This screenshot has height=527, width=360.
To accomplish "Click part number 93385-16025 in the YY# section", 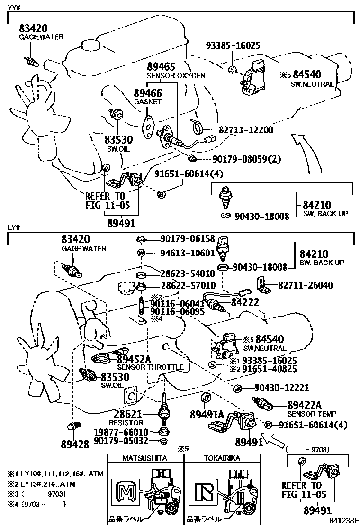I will [233, 46].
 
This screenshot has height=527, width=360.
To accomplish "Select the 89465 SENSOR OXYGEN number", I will [161, 66].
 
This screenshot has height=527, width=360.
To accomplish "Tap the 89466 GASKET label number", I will [148, 93].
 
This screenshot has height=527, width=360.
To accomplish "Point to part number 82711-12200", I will [246, 129].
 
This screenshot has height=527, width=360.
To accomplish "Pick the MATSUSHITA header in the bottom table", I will [145, 458].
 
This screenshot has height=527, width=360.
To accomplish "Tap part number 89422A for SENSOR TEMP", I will [305, 405].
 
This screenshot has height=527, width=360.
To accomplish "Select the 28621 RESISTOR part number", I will [126, 414].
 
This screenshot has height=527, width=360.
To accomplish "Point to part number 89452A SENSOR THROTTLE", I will [134, 360].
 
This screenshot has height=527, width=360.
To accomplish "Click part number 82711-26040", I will [305, 285].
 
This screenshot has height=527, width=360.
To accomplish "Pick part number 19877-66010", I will [121, 432].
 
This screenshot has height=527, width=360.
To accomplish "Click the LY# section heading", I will [14, 228].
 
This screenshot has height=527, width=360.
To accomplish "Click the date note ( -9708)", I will [308, 449].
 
